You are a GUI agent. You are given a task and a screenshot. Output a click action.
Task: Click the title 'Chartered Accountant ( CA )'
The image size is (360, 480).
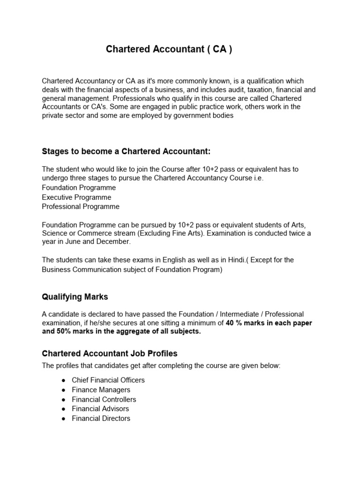(x=169, y=50)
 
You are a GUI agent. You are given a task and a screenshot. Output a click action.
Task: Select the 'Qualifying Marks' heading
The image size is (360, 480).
(x=75, y=296)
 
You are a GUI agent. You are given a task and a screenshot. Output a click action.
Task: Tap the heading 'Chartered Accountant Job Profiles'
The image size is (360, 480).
(x=110, y=353)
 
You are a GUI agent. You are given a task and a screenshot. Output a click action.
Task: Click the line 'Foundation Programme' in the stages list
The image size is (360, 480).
(x=79, y=187)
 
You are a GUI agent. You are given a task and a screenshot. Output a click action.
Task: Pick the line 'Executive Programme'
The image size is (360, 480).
(x=76, y=197)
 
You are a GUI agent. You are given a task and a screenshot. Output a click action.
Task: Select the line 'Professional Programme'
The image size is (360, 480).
(x=81, y=207)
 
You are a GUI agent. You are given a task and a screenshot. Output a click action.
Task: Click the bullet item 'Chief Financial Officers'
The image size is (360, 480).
(x=108, y=380)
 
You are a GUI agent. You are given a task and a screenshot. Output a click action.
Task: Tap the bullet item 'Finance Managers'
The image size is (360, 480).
(x=101, y=390)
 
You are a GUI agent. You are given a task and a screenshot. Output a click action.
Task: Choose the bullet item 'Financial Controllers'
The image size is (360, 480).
(x=104, y=399)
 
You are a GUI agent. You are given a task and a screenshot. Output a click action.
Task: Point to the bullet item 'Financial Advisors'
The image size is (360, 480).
(x=100, y=409)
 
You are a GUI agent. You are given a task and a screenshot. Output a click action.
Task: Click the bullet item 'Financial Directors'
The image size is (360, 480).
(x=101, y=419)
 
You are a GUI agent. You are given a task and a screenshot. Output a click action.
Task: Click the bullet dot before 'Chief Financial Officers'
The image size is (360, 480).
(x=63, y=380)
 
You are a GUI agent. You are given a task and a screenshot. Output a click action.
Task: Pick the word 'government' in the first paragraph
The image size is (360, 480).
(x=192, y=115)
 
